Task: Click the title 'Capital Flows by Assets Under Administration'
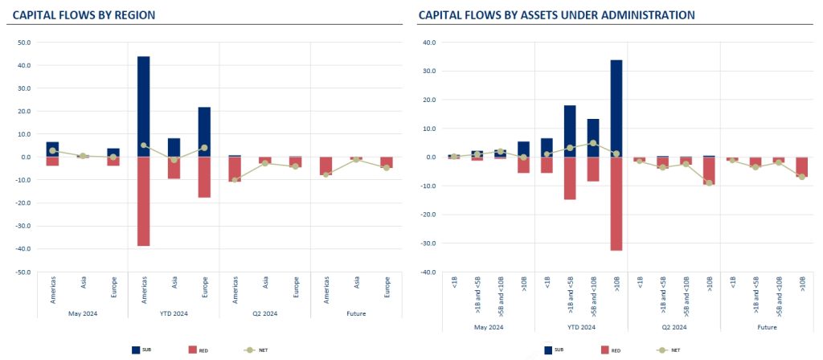click(x=556, y=14)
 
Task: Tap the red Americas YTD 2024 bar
click(x=143, y=201)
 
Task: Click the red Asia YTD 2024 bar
click(x=174, y=167)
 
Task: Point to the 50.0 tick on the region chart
click(x=23, y=43)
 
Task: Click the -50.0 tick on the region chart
click(x=23, y=272)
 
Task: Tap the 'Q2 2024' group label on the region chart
click(x=264, y=327)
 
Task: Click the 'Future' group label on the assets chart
click(x=766, y=327)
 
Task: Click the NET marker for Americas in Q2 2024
click(x=234, y=179)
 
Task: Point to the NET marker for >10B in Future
click(x=802, y=177)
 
